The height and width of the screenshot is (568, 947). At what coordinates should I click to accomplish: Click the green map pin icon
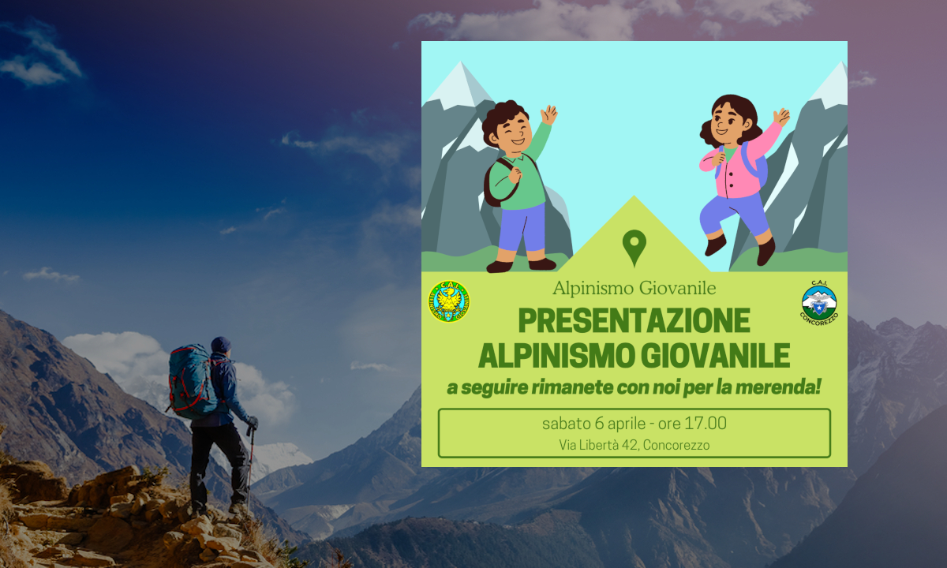tap(634, 245)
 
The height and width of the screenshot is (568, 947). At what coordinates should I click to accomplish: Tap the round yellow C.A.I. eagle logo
tap(449, 301)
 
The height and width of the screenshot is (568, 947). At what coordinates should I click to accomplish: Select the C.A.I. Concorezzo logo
tap(819, 303)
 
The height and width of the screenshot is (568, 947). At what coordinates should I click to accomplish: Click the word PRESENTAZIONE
tap(634, 320)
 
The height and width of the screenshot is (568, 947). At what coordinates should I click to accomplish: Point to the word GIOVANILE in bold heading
tap(715, 356)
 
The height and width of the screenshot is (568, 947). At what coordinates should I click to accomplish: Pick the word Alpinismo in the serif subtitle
tap(593, 288)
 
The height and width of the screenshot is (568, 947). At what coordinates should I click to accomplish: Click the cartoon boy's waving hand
tap(548, 114)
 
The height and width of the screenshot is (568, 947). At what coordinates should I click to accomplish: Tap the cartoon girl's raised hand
tap(781, 117)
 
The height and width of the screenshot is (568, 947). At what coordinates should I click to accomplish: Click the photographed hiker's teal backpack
tap(192, 381)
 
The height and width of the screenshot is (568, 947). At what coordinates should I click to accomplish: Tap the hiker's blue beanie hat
tap(221, 344)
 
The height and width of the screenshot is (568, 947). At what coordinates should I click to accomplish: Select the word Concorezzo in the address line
tap(676, 445)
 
